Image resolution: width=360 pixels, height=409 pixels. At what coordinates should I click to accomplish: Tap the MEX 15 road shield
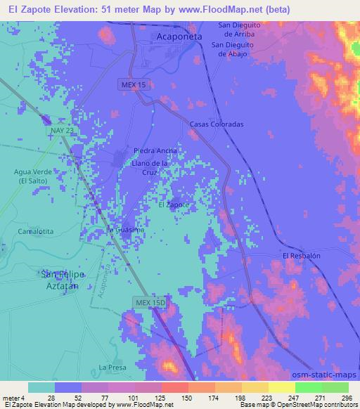(131, 84)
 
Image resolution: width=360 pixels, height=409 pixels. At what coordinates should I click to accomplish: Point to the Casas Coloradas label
(217, 124)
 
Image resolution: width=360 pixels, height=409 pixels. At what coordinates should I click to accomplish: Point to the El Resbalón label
(301, 256)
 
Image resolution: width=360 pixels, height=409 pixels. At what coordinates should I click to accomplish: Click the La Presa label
(111, 367)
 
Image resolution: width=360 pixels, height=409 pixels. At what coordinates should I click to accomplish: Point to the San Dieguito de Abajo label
(234, 49)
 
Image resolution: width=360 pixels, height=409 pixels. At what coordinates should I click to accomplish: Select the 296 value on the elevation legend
(346, 398)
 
